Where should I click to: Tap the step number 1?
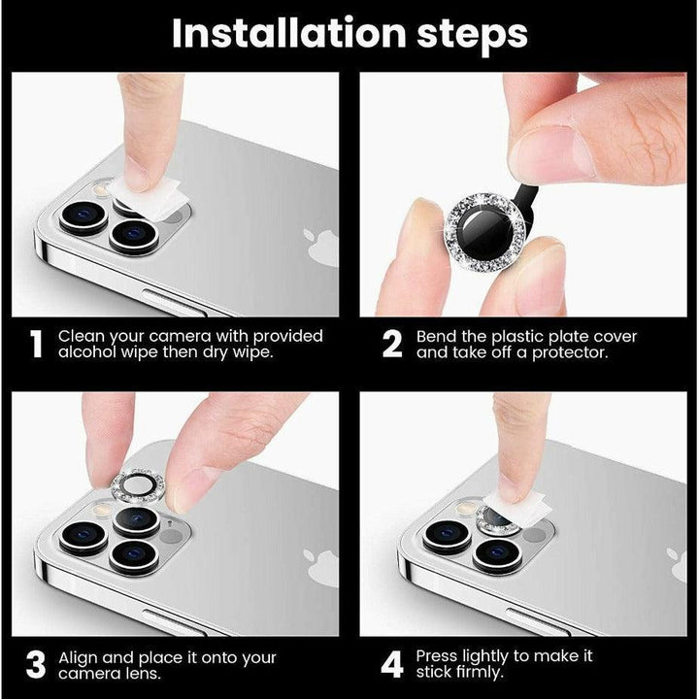coord(37,346)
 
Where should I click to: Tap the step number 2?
coord(392,346)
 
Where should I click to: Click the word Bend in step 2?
coord(438,337)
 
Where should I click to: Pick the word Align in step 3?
coord(80,657)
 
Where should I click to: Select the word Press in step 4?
coord(440,657)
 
